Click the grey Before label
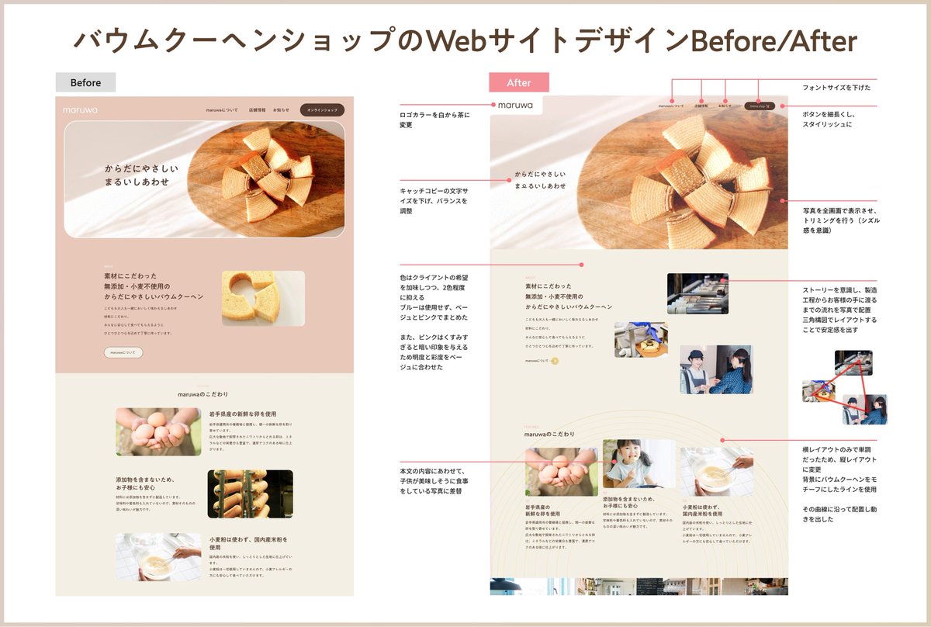(x=85, y=83)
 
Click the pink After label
(x=518, y=83)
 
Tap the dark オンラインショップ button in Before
(x=322, y=110)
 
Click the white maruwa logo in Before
(x=81, y=110)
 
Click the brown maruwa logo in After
(x=516, y=105)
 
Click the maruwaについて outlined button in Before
(x=123, y=352)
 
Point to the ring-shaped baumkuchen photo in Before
(x=263, y=297)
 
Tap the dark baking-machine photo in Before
(x=250, y=494)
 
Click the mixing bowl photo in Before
(x=157, y=556)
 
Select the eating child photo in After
(x=639, y=463)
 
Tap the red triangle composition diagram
(x=846, y=388)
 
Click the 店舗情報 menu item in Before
(x=256, y=110)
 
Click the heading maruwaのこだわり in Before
(x=203, y=394)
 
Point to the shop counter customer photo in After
(x=716, y=369)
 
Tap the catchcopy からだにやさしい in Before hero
(x=141, y=168)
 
